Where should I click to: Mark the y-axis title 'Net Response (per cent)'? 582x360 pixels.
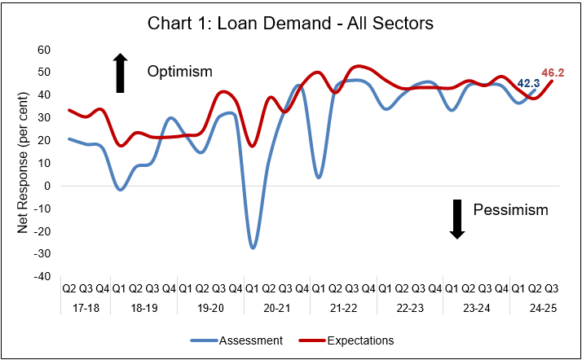(x=24, y=163)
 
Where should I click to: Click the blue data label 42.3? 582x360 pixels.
(x=528, y=83)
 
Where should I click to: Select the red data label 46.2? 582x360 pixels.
(x=553, y=72)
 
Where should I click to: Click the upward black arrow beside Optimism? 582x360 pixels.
(x=120, y=72)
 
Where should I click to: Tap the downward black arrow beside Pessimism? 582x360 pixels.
(x=457, y=218)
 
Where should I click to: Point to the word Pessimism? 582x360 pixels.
(x=511, y=210)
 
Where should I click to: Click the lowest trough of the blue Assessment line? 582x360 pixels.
(x=253, y=247)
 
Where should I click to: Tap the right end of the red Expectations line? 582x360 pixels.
(x=553, y=81)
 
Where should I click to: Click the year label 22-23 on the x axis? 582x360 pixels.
(x=409, y=308)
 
